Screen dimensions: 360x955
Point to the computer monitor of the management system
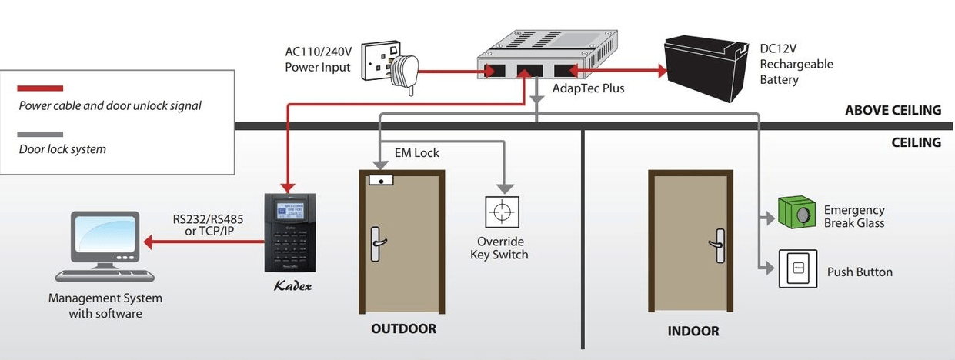105,236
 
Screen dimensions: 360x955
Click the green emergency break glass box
797,213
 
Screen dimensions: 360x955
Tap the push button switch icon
797,269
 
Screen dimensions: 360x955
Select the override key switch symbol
501,212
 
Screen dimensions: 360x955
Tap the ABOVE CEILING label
893,110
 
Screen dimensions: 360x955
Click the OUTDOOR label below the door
403,329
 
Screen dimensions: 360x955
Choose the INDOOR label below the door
693,332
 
